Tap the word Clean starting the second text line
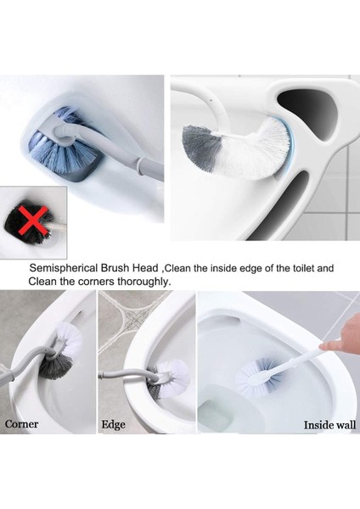click(x=42, y=281)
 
